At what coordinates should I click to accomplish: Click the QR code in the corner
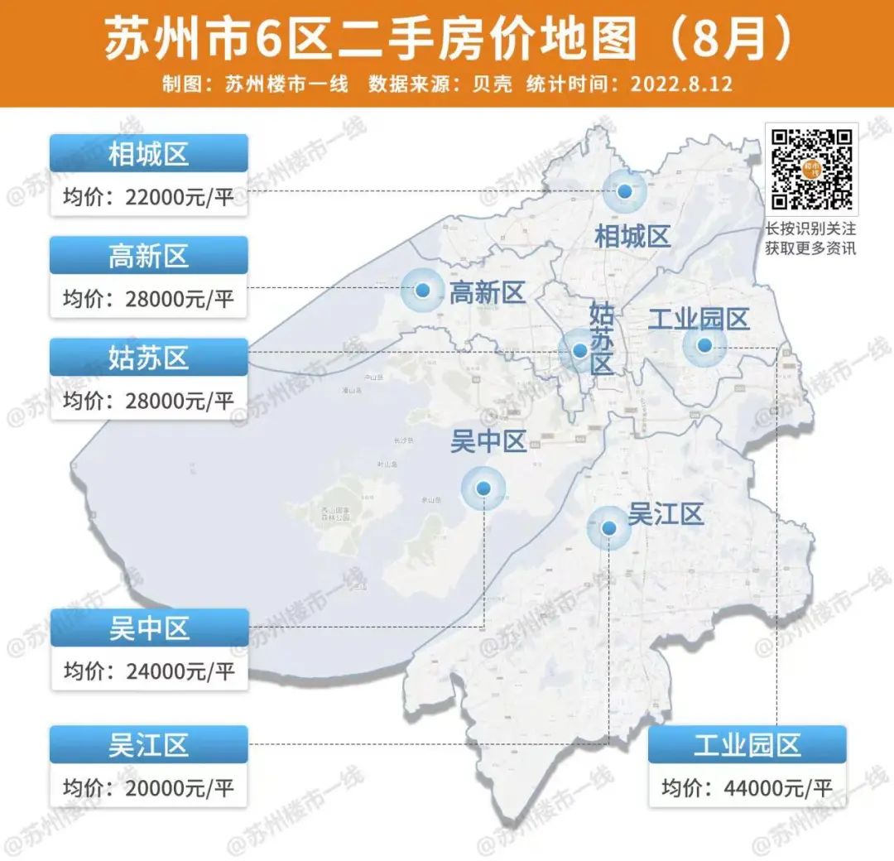(x=812, y=169)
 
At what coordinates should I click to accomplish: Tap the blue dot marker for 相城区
(x=624, y=191)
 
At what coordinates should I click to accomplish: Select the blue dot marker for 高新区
(x=423, y=291)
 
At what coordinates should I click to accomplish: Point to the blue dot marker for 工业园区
(x=704, y=345)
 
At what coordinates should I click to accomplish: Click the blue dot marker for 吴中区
(x=483, y=488)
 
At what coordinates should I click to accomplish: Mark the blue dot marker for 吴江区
(x=608, y=527)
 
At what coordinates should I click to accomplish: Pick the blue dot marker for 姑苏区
(x=579, y=350)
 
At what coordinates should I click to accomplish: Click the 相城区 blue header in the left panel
(x=149, y=154)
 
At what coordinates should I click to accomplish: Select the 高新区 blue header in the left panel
(x=149, y=256)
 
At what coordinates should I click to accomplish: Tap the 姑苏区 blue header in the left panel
(x=149, y=358)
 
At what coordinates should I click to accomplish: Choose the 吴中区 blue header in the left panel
(x=149, y=628)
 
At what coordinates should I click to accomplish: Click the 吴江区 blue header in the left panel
(x=149, y=745)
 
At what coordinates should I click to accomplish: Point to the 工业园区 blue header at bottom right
(x=747, y=745)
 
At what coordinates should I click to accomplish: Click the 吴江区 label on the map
(x=666, y=514)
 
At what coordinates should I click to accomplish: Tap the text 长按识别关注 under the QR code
(x=810, y=228)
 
